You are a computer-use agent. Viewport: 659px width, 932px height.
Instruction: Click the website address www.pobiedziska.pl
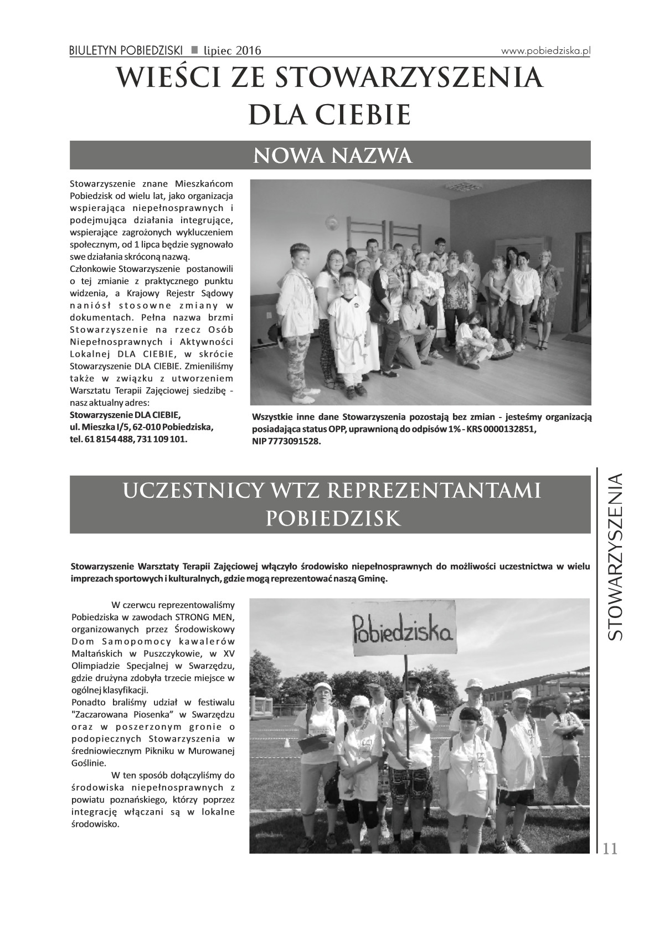[x=546, y=50]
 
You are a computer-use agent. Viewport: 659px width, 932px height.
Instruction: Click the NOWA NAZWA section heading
[x=333, y=156]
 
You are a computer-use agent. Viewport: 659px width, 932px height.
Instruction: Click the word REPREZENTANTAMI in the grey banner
[x=440, y=491]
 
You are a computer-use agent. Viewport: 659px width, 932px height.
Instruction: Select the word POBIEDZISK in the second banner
[x=333, y=518]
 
